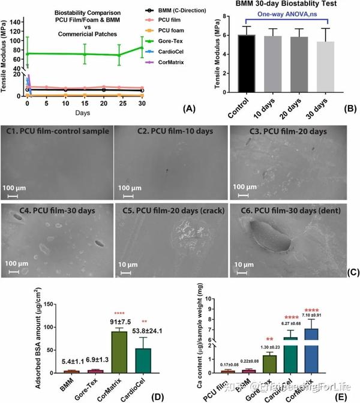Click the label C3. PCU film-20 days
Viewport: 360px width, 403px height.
(286, 131)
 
